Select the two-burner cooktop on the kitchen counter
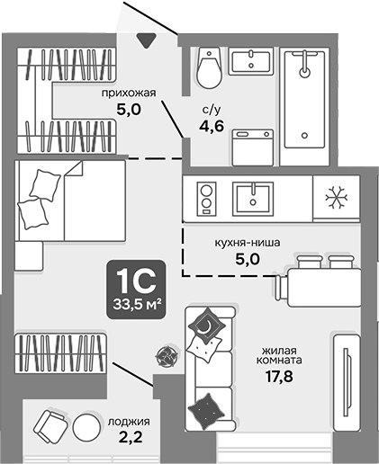coord(205,196)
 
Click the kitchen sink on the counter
coord(255,196)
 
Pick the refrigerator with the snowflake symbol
coord(335,196)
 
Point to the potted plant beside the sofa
coord(165,355)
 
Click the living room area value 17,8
coord(282,376)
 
